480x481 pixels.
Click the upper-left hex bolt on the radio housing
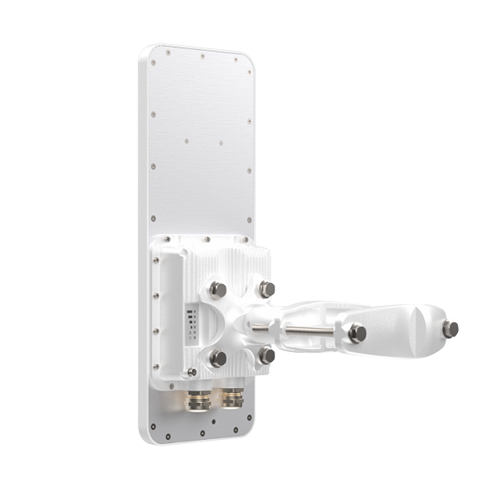218,289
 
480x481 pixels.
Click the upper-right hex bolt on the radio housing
266,289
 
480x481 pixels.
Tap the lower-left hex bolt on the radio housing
218,358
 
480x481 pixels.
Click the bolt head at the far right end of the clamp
450,329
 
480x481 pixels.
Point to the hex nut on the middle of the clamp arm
357,333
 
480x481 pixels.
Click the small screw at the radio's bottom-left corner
192,372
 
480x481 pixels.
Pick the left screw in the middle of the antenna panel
186,141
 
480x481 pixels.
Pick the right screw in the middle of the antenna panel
221,143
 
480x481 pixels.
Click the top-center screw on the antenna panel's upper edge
202,56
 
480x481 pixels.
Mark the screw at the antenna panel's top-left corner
168,53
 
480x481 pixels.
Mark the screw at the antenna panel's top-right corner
236,58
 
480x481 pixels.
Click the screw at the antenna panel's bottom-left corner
153,426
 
